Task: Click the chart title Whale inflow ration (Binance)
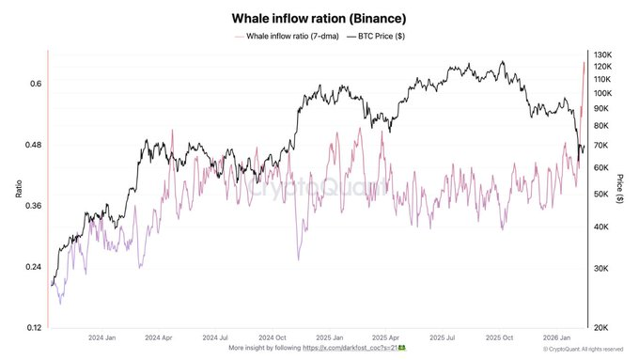pos(319,17)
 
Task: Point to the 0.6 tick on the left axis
pos(35,84)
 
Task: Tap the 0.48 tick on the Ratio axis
pos(32,145)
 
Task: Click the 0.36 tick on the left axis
pos(32,206)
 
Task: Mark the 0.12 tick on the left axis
pos(32,327)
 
